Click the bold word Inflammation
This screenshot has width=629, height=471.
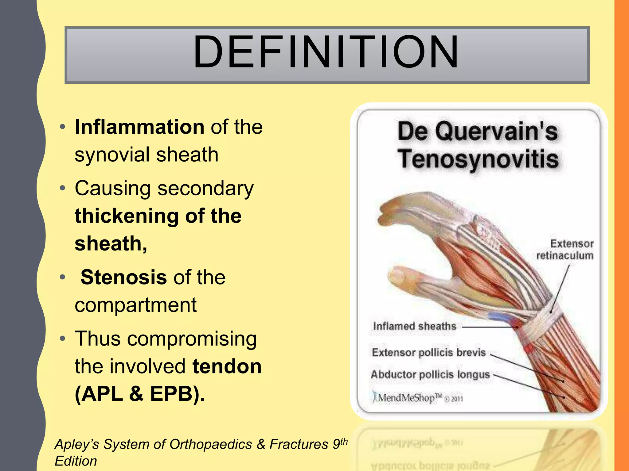[139, 127]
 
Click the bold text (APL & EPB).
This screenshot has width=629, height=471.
[140, 394]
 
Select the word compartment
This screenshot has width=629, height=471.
[135, 305]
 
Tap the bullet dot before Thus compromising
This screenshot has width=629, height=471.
[63, 339]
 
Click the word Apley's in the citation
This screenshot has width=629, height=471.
[77, 444]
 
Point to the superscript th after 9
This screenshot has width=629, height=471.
[344, 441]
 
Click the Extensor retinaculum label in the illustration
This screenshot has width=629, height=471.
[565, 250]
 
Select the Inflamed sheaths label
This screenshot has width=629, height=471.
[414, 326]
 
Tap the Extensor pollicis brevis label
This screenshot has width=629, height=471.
[429, 353]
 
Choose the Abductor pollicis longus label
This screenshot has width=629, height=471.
[430, 375]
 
